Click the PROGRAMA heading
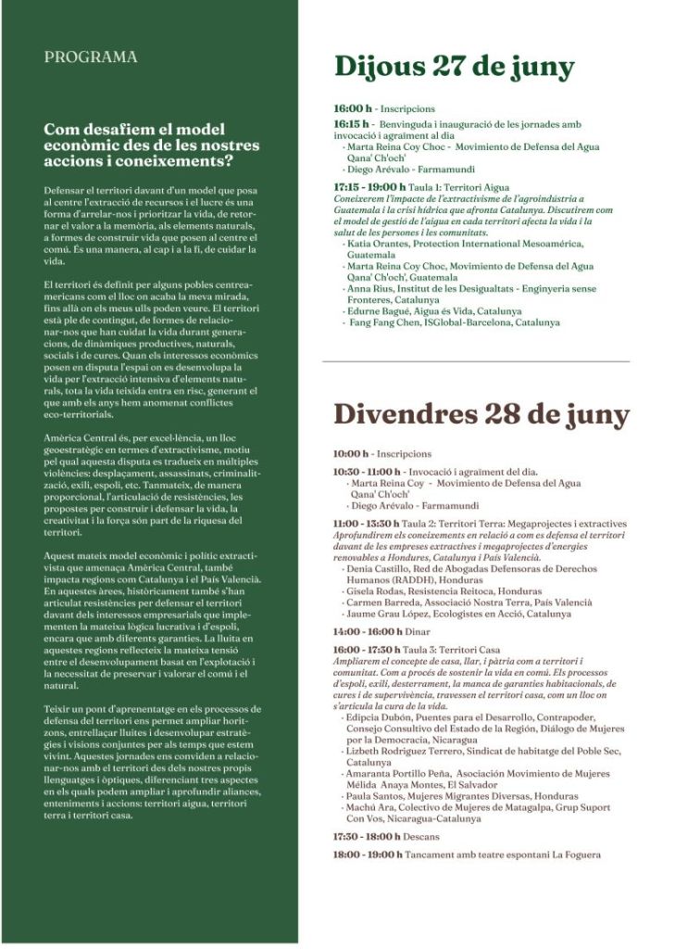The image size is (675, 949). pyautogui.click(x=90, y=57)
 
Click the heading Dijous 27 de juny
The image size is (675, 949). pyautogui.click(x=454, y=68)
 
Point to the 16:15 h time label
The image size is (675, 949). pyautogui.click(x=352, y=122)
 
